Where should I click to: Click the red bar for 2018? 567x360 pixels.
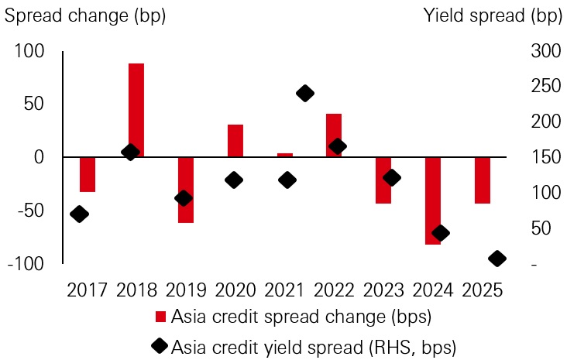point(136,110)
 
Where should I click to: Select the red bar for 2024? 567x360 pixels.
point(432,201)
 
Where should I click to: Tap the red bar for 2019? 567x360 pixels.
point(185,190)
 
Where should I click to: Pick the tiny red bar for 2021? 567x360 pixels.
point(285,155)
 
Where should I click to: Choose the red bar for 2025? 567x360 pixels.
point(483,180)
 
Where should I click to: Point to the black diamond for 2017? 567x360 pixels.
point(78,214)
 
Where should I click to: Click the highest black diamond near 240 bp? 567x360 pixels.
point(305,94)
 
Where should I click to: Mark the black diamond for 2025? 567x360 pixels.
point(497,259)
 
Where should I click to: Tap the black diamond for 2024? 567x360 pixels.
point(441,233)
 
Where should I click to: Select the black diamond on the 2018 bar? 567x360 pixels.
point(130,153)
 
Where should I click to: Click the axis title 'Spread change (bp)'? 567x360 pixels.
point(85,13)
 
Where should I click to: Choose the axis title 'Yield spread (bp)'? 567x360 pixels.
point(494,13)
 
